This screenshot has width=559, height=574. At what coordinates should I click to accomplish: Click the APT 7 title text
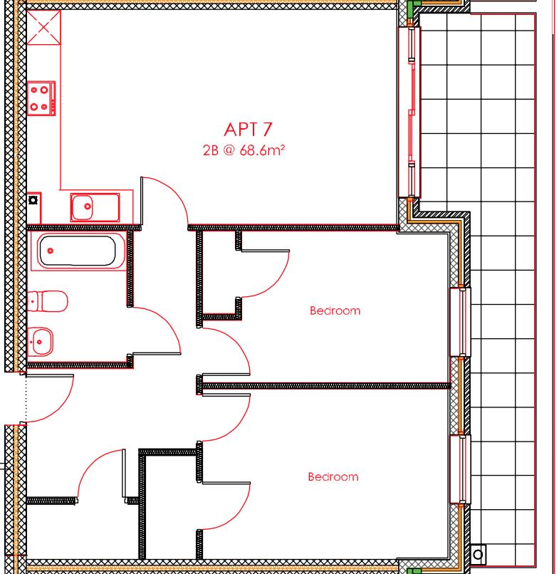pyautogui.click(x=247, y=130)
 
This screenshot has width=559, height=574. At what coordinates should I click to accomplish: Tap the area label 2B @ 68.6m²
pyautogui.click(x=247, y=150)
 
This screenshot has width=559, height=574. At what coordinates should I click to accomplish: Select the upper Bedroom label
pyautogui.click(x=335, y=311)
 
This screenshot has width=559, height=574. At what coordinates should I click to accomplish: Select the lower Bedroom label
pyautogui.click(x=333, y=476)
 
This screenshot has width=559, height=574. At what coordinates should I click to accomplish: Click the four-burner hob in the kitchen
pyautogui.click(x=42, y=98)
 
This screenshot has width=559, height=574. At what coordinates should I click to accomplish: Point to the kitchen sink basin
pyautogui.click(x=85, y=207)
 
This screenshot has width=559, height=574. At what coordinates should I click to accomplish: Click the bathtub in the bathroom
pyautogui.click(x=78, y=251)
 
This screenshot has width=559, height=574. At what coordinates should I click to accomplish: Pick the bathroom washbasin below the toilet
pyautogui.click(x=43, y=341)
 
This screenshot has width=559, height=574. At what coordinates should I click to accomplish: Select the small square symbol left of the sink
pyautogui.click(x=33, y=200)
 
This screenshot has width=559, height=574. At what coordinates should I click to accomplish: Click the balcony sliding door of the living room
pyautogui.click(x=411, y=110)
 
